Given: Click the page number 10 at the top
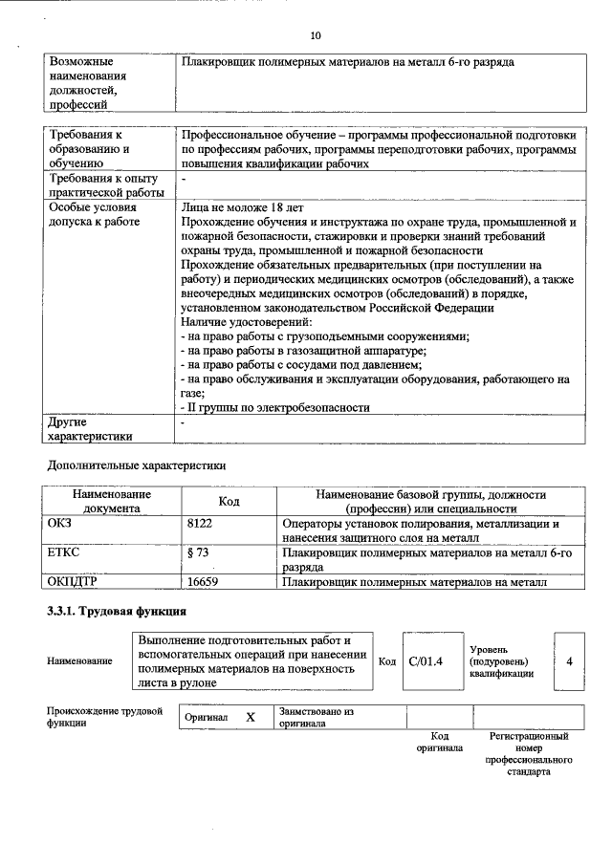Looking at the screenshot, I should tap(316, 35).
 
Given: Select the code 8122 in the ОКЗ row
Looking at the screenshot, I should tap(203, 524).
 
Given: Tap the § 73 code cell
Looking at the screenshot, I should tap(198, 552).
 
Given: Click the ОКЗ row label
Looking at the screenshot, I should tap(60, 524).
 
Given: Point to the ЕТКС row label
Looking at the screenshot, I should tap(63, 552).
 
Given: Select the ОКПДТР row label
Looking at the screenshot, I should tap(73, 581).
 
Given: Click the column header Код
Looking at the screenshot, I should tap(229, 502).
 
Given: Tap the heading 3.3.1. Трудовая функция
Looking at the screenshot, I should tap(117, 611).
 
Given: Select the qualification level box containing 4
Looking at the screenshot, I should tap(569, 660).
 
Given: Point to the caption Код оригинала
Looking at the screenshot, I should tap(439, 742).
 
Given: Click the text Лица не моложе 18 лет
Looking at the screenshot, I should tap(229, 206).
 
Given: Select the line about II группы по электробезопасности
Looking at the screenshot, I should tap(275, 407).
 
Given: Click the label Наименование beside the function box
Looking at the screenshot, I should tap(79, 660).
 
